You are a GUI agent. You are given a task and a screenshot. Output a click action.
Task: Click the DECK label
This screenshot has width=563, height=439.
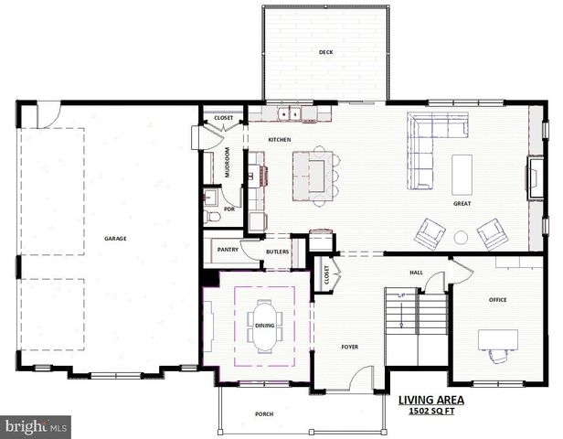(x=325, y=52)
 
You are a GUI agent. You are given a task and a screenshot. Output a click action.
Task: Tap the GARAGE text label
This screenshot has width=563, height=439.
(x=115, y=239)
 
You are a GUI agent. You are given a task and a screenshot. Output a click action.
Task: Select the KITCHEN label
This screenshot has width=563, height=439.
(x=279, y=139)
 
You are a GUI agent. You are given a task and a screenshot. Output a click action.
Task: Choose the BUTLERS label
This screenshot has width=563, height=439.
(x=278, y=251)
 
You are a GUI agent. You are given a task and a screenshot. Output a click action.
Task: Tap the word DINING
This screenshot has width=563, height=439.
(x=264, y=325)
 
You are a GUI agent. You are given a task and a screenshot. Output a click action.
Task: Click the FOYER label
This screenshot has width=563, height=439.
(x=349, y=347)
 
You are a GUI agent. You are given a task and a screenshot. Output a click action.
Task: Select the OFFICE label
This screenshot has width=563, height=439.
(x=497, y=299)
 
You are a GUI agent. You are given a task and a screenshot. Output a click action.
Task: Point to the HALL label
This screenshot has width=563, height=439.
(x=416, y=272)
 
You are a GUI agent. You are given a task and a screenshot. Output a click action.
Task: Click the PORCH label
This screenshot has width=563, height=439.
(x=264, y=414)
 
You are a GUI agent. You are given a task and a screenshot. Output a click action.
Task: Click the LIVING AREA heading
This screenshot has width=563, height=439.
(x=431, y=400)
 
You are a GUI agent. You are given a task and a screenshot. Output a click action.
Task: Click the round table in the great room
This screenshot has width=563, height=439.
(x=461, y=238)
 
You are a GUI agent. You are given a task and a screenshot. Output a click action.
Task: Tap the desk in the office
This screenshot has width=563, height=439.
(x=497, y=340)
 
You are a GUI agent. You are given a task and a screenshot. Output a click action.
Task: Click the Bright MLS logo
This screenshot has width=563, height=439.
(x=36, y=426)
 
